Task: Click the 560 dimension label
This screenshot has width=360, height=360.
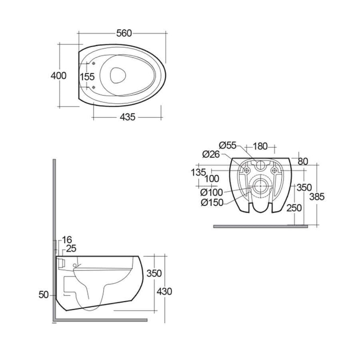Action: pos(124,33)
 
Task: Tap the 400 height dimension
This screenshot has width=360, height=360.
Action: pos(58,76)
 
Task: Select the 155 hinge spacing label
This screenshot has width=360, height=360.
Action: pos(87,76)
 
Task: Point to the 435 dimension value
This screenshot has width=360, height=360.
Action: pos(128,117)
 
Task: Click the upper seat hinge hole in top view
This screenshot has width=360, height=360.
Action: pos(94,63)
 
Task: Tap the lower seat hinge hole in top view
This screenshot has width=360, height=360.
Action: pos(94,87)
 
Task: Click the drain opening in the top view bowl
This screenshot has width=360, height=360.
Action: pos(118,75)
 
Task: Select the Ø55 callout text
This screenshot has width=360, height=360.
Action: pos(228,145)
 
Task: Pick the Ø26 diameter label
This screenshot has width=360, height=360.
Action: pos(211,154)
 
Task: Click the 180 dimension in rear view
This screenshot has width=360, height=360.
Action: pos(260,146)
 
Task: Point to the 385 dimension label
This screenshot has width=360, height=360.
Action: pos(317,197)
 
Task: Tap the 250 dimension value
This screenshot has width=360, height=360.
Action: pos(294,208)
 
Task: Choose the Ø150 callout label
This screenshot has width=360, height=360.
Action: pos(212,202)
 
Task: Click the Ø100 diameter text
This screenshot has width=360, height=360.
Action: pos(211,192)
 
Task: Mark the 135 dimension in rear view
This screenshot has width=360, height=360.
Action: pos(198,172)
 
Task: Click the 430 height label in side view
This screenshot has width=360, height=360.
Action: pos(164,291)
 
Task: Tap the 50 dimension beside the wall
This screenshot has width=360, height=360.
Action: pos(44,295)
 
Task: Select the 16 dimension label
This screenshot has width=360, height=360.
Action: pos(67,240)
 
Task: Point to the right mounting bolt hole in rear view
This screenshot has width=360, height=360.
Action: pos(274,171)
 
